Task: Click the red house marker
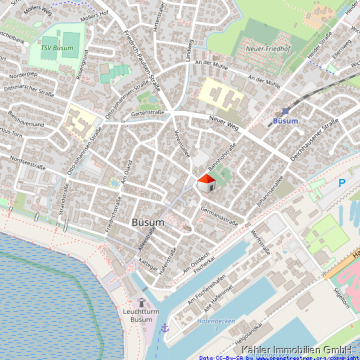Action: [205, 182]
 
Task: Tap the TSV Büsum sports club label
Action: [57, 46]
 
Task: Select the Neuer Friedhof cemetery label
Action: [267, 48]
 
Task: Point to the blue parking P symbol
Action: [342, 183]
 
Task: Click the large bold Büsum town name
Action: [148, 222]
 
